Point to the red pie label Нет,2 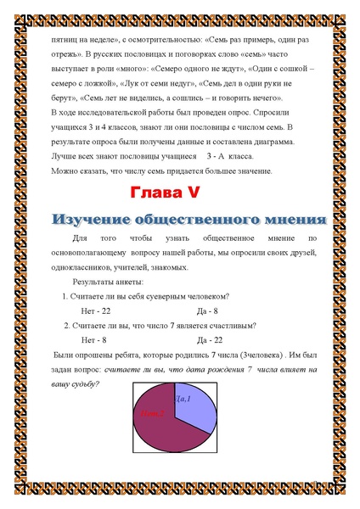153,413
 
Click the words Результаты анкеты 108,282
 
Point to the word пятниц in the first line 63,38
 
